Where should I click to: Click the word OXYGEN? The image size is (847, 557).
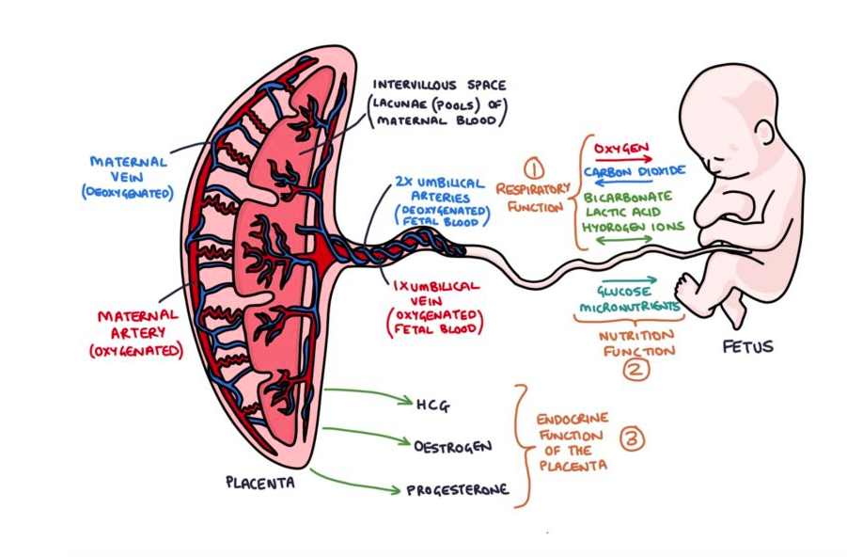(620, 148)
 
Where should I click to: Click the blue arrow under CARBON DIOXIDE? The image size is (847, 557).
(625, 183)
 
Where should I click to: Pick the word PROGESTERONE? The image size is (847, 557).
(458, 489)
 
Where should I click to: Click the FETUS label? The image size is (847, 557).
(747, 346)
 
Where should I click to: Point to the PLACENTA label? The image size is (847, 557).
(259, 483)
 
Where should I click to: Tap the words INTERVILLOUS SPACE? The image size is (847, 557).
(439, 85)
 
